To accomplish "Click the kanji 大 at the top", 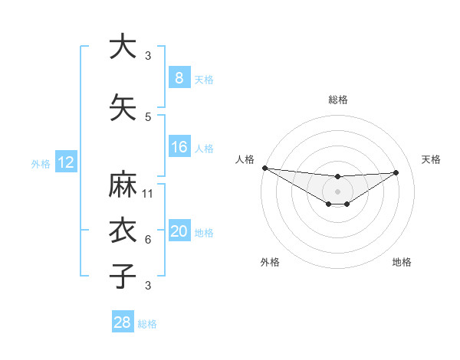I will tap(122, 46).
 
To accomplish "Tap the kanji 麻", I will tap(122, 185).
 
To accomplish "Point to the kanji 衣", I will tap(122, 231).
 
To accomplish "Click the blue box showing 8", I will tap(179, 77).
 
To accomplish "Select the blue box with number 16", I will tap(179, 148).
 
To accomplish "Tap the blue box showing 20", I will tap(179, 232).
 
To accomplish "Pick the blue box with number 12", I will tap(65, 162).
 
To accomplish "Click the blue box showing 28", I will tap(123, 323).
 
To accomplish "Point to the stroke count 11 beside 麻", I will tap(148, 194).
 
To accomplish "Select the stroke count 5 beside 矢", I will tap(148, 117).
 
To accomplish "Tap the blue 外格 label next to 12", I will tap(41, 163).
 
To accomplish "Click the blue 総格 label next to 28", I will tap(147, 324).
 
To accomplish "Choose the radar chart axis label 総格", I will tap(337, 100).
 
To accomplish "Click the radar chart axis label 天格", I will tap(432, 159).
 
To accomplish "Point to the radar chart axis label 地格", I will tap(402, 262).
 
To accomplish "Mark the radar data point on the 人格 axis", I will tap(264, 168).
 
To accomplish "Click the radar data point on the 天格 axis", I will tap(396, 172).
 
